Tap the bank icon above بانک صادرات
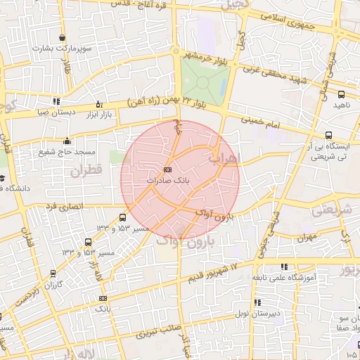[x=167, y=170]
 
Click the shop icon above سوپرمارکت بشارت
[x=64, y=38]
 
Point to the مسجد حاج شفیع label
[x=66, y=152]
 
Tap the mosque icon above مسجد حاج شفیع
[x=66, y=140]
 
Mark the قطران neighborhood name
[x=86, y=169]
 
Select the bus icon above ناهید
[x=341, y=94]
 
